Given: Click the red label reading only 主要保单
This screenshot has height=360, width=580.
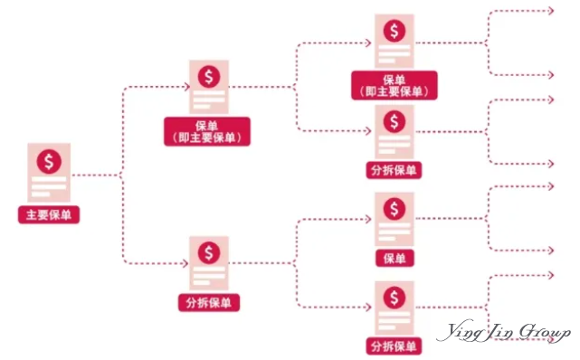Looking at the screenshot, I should [48, 216].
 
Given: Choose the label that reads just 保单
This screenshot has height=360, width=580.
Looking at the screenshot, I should [394, 259].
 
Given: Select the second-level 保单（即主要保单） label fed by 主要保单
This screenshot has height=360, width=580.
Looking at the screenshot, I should [208, 130].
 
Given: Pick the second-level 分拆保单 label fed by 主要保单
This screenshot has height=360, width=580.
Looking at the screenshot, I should [209, 301].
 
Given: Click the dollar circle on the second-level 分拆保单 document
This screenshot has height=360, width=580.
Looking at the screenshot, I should [209, 251].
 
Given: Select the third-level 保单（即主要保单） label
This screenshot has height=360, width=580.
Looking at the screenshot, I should [394, 85].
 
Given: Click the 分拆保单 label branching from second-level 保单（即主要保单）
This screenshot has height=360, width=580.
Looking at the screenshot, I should [394, 169].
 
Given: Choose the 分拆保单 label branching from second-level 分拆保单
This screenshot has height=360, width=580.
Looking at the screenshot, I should [394, 346].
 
